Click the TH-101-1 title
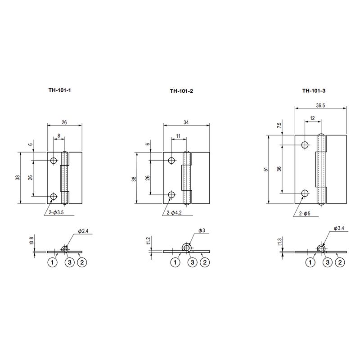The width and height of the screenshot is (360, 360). tap(60, 90)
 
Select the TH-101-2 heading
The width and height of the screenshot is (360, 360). tap(181, 91)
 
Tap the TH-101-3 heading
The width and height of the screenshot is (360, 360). tap(314, 90)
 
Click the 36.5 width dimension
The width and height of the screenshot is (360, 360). tap(320, 105)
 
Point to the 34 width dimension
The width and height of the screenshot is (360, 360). tap(186, 122)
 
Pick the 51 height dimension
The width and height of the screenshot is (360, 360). tap(266, 170)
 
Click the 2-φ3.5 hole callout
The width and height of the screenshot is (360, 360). tap(56, 212)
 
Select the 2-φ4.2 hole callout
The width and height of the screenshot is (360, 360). tap(174, 213)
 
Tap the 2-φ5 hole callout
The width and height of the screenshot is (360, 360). tap(305, 213)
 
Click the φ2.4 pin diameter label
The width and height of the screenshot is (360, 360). tap(83, 231)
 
